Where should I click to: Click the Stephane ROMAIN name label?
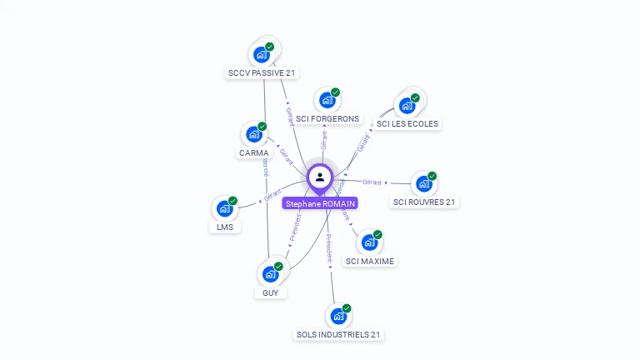pos(320,203)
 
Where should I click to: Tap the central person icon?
pos(320,177)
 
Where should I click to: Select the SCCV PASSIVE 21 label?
pos(262,72)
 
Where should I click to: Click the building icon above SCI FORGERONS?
pos(327,100)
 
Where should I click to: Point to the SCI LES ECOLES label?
pos(407,123)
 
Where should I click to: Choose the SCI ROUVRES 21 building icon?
pos(424,183)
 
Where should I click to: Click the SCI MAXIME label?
pos(370,261)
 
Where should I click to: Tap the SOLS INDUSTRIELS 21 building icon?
pos(337,316)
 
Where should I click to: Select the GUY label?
pos(270,292)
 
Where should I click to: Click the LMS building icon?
pos(224,208)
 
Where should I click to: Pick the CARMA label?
pos(253,152)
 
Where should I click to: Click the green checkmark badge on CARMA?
pos(262,127)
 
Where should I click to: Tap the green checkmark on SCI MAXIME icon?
pos(377,235)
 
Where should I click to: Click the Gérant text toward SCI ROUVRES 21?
pos(372,182)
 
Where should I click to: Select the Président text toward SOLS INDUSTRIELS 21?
pos(328,247)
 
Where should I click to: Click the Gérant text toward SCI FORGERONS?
pos(323,139)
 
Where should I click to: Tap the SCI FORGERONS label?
pos(327,118)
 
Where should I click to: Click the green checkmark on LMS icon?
pos(232,201)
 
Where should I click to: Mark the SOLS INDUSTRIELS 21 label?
pos(339,334)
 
